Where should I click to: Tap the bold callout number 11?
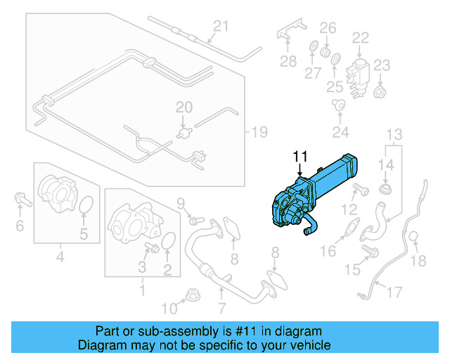click(x=300, y=156)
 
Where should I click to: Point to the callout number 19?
click(x=260, y=131)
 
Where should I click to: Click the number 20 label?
click(x=184, y=108)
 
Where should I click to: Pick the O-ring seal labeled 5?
click(x=85, y=205)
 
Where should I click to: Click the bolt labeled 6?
click(x=21, y=202)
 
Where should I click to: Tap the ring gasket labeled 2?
click(x=169, y=242)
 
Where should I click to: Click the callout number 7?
click(x=221, y=307)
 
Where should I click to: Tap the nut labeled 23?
click(x=380, y=92)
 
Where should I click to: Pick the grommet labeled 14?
click(x=385, y=191)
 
